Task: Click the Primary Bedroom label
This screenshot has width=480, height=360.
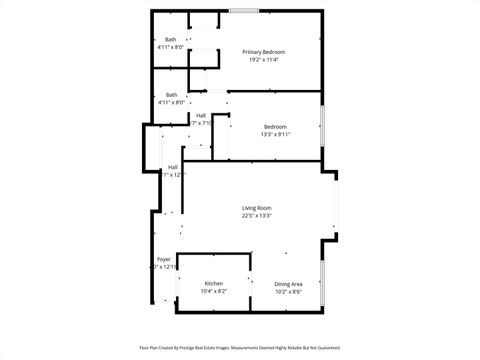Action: [264, 51]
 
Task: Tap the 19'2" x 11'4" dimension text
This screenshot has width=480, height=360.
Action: [264, 59]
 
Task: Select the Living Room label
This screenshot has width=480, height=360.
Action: [257, 207]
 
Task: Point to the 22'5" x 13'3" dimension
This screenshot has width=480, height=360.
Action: [257, 215]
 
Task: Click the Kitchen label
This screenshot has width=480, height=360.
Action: [214, 283]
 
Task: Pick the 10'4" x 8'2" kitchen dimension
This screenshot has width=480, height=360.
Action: [214, 291]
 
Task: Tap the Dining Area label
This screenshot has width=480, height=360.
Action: [288, 283]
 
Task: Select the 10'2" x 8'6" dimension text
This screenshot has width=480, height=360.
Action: [288, 291]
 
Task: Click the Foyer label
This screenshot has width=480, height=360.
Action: [163, 259]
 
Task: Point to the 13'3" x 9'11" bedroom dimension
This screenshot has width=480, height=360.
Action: [276, 134]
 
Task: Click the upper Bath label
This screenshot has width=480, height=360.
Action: [171, 39]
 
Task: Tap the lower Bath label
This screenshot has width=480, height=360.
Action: [172, 95]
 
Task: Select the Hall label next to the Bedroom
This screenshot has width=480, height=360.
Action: [201, 116]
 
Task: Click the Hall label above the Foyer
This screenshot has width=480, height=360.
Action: [173, 166]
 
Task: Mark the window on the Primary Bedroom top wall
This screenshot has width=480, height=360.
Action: [243, 11]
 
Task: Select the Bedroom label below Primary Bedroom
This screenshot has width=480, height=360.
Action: [276, 126]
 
